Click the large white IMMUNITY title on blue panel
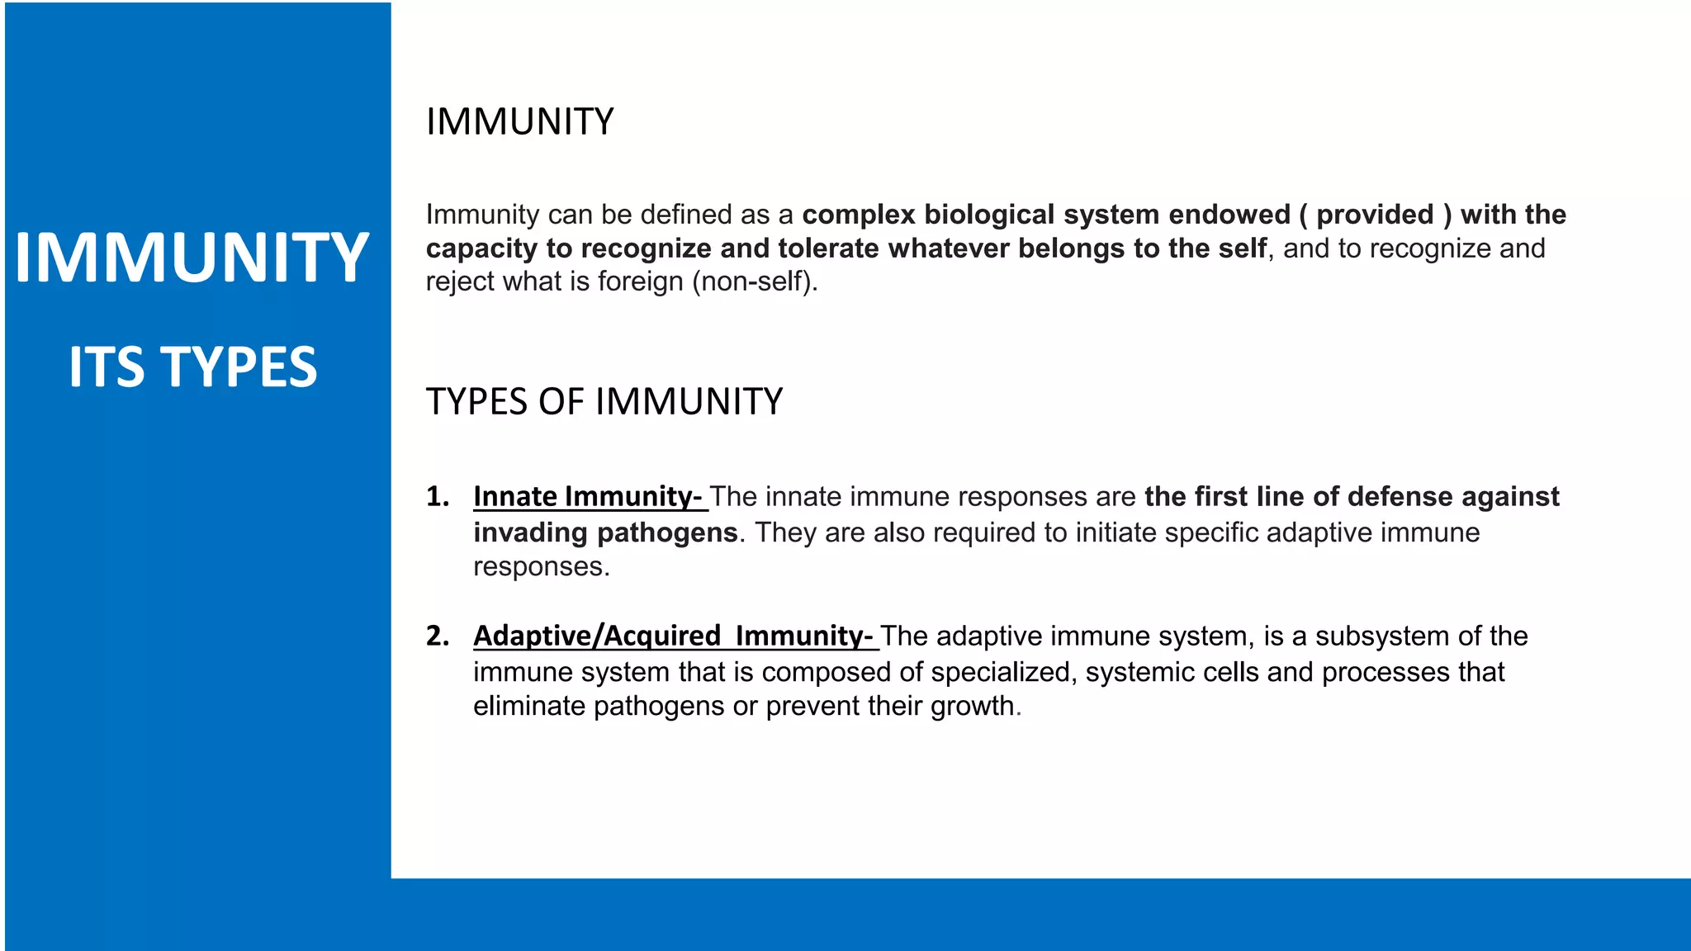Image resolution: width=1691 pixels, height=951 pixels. pyautogui.click(x=192, y=258)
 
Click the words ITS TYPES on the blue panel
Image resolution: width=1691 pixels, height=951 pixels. pyautogui.click(x=192, y=367)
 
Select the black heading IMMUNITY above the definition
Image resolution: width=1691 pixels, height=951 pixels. pyautogui.click(x=519, y=122)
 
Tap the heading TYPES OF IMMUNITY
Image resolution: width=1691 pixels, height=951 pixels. pyautogui.click(x=604, y=402)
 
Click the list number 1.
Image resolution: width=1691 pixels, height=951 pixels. pyautogui.click(x=437, y=496)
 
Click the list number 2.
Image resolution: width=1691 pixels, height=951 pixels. pyautogui.click(x=437, y=636)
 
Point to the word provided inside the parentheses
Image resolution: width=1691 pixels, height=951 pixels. pyautogui.click(x=1375, y=215)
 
